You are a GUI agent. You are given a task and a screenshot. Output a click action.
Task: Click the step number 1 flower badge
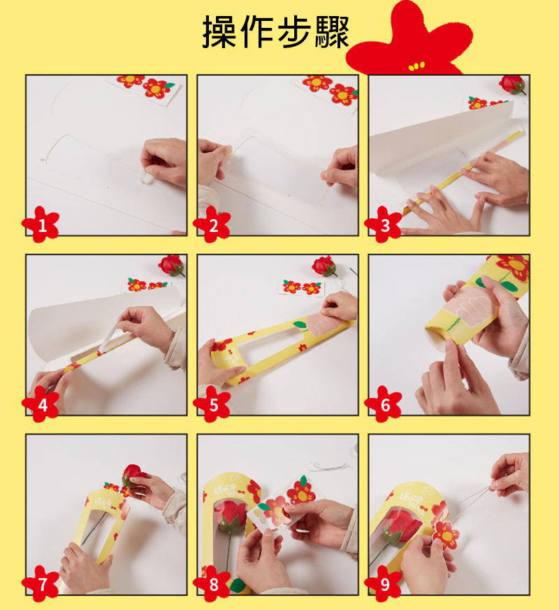(x=41, y=225)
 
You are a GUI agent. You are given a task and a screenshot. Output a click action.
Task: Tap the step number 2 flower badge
(x=212, y=225)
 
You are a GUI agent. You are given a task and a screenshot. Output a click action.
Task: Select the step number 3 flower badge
(x=384, y=225)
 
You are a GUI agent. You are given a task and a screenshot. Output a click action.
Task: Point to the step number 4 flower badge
(x=41, y=404)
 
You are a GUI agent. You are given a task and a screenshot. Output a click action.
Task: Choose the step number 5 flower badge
(x=212, y=404)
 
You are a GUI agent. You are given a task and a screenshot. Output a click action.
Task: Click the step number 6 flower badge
(x=384, y=404)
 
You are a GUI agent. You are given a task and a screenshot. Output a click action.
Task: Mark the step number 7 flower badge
(x=41, y=583)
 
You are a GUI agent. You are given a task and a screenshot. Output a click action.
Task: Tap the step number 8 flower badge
(x=212, y=583)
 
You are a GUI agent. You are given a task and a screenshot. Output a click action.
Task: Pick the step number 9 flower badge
(x=384, y=583)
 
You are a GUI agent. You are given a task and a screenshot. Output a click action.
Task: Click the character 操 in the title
(x=219, y=32)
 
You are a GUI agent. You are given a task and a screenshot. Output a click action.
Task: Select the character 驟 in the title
(x=331, y=32)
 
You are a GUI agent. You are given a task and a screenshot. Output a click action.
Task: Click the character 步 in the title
(x=293, y=32)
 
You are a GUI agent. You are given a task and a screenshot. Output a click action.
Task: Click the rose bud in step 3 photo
(x=513, y=84)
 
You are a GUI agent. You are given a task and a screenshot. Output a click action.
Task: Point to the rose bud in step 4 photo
(x=171, y=265)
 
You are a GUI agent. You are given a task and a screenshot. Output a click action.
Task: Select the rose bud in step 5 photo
(x=324, y=266)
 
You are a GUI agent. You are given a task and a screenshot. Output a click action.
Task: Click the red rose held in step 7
(x=133, y=475)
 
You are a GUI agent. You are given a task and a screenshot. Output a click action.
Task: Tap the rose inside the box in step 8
(x=231, y=516)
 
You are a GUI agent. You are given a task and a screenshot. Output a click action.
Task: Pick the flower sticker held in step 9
(x=446, y=535)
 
